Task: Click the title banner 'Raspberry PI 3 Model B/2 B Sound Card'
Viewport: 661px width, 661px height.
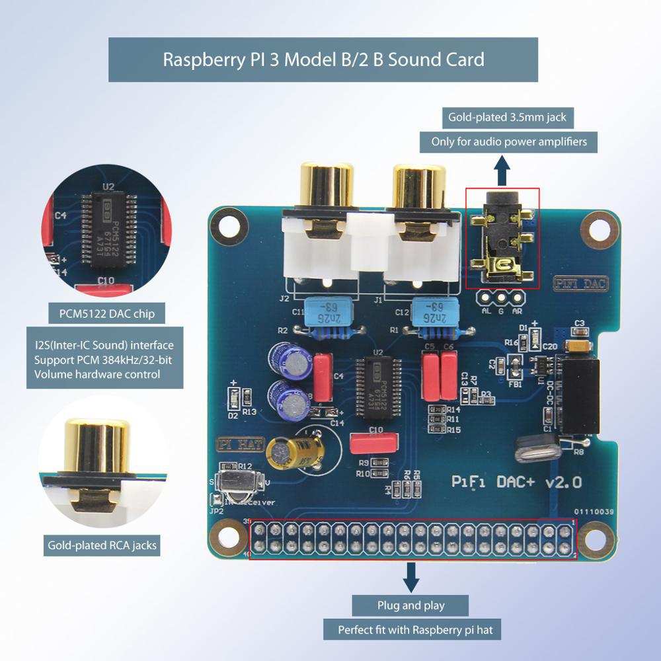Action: click(x=323, y=59)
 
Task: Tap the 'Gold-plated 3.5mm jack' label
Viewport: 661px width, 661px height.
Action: click(x=504, y=118)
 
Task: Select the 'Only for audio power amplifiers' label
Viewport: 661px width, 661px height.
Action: click(x=504, y=141)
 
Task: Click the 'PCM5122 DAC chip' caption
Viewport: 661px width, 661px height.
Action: click(x=106, y=313)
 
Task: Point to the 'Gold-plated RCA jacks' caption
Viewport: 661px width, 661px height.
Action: click(x=102, y=546)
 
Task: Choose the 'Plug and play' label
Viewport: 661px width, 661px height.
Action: click(x=410, y=605)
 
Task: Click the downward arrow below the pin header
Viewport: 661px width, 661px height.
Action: click(x=411, y=578)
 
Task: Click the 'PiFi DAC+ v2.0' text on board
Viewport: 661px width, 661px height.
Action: click(x=516, y=483)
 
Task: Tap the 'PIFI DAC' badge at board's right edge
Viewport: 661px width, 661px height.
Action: click(x=580, y=284)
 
